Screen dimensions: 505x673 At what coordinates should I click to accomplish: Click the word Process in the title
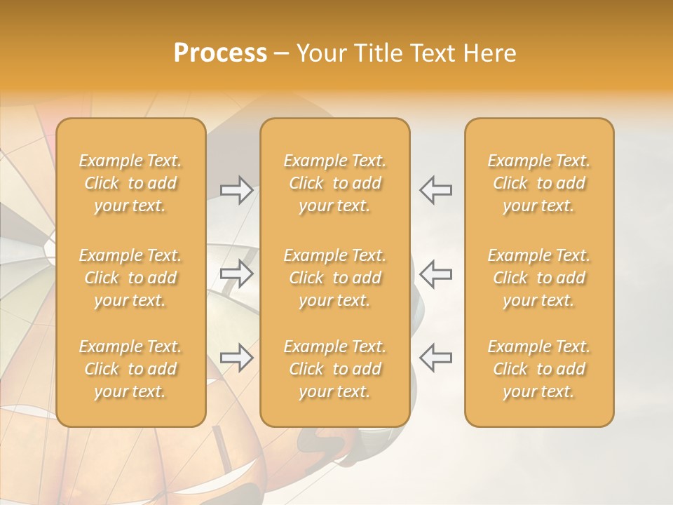(220, 53)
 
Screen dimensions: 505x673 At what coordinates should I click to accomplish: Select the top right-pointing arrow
(236, 190)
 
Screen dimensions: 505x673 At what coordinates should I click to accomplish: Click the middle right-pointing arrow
(236, 274)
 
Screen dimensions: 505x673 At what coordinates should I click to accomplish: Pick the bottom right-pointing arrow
(236, 358)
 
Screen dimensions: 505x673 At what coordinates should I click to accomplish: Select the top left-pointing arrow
(436, 190)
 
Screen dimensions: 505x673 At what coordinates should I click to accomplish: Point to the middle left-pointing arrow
(436, 274)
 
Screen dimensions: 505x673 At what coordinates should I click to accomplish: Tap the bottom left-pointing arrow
(436, 358)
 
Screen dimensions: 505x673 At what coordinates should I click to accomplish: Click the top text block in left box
(130, 183)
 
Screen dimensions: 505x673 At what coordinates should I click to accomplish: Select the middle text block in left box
(130, 278)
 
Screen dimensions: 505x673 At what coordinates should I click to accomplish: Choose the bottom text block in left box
(130, 369)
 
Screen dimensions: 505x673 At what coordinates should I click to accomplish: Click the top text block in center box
(334, 183)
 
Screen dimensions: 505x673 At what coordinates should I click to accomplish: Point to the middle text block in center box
(334, 278)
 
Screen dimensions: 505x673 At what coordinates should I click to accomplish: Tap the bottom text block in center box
(334, 369)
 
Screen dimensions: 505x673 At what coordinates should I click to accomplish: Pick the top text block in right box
(538, 183)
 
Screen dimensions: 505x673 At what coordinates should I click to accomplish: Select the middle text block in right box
(538, 278)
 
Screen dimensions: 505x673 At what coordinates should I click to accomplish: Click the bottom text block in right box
(538, 369)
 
